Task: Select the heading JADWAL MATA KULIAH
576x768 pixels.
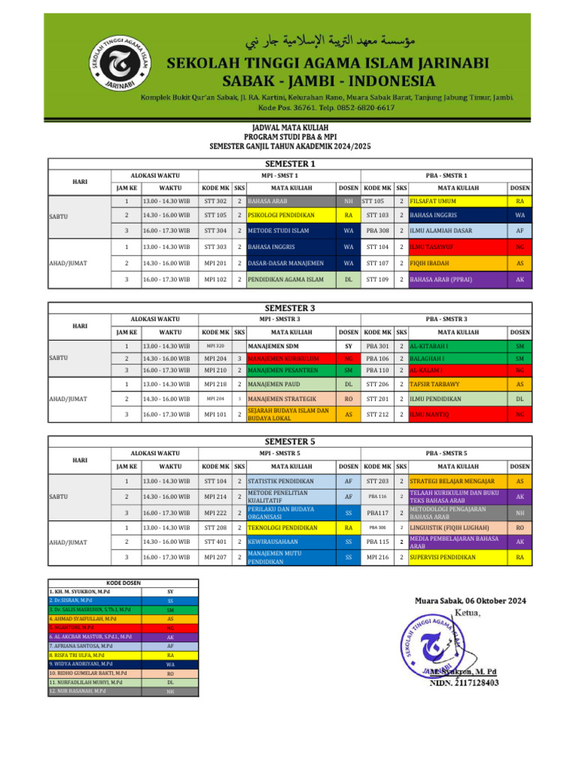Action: [288, 128]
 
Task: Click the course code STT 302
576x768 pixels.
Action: [216, 201]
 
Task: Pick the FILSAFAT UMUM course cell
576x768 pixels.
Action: [454, 201]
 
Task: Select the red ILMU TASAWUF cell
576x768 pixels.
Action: [454, 247]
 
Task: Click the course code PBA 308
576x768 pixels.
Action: [377, 231]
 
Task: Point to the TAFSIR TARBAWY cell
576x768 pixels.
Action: [454, 384]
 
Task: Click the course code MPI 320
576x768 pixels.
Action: [216, 346]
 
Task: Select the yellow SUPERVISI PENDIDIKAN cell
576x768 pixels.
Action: [454, 557]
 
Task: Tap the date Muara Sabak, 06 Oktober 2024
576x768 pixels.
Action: [470, 600]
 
